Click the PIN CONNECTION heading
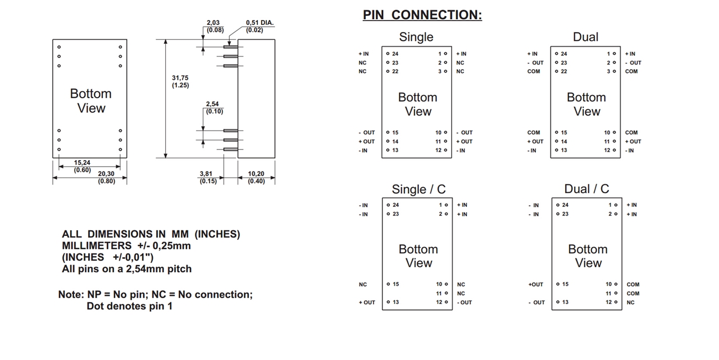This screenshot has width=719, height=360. pos(422,15)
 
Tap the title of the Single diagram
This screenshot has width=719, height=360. pos(416,37)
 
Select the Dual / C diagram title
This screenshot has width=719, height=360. pos(586,189)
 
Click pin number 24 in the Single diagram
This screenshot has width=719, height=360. pos(395,54)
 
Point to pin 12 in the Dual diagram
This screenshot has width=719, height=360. pos(607,151)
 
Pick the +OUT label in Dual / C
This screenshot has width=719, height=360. pos(536,285)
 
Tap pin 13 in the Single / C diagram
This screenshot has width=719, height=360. pos(395,303)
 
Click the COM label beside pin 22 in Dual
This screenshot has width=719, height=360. pos(534,71)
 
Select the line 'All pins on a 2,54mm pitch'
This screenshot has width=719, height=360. pos(126,269)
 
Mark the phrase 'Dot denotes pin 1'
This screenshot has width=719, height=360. pos(129,306)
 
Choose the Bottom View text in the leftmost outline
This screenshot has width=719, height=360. pos(90,101)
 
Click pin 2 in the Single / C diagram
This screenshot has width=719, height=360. pos(442,214)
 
